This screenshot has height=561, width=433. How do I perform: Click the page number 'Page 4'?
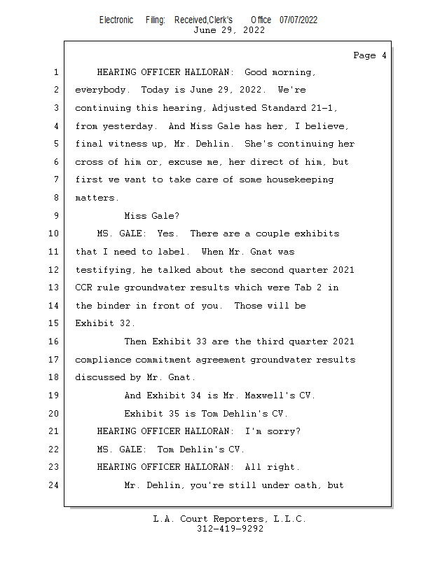pyautogui.click(x=369, y=55)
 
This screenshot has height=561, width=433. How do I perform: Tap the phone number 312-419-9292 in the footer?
pyautogui.click(x=230, y=529)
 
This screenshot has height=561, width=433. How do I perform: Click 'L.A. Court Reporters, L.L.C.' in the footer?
pyautogui.click(x=230, y=520)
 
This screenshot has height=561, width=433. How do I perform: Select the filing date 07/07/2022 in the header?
pyautogui.click(x=298, y=20)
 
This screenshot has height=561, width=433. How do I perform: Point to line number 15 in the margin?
pyautogui.click(x=55, y=324)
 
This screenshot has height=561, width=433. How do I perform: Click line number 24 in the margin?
pyautogui.click(x=55, y=485)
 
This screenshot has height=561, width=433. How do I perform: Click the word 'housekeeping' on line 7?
pyautogui.click(x=298, y=180)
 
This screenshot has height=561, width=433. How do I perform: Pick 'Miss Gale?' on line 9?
pyautogui.click(x=151, y=216)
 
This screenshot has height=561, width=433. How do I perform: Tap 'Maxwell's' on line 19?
pyautogui.click(x=260, y=396)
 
